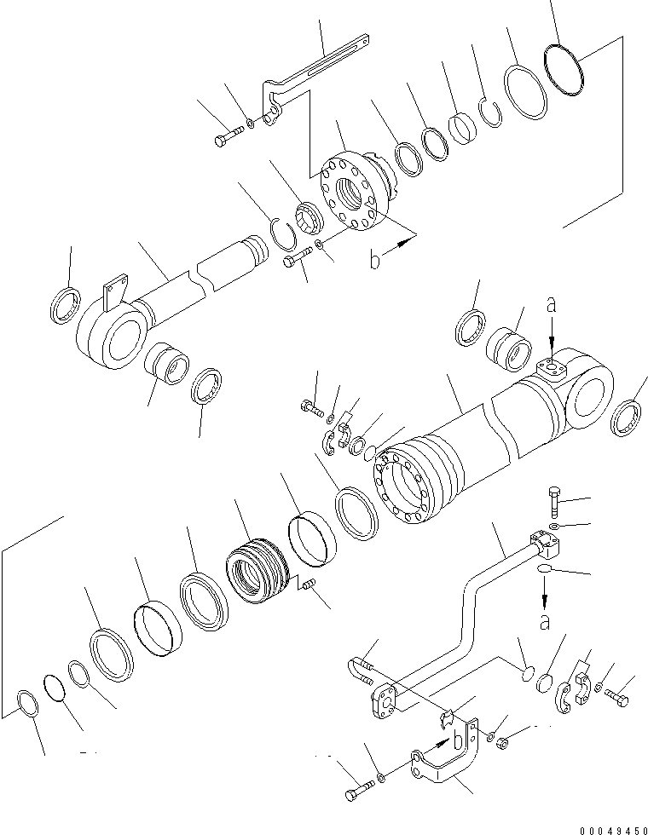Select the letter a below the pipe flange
(544, 622)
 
